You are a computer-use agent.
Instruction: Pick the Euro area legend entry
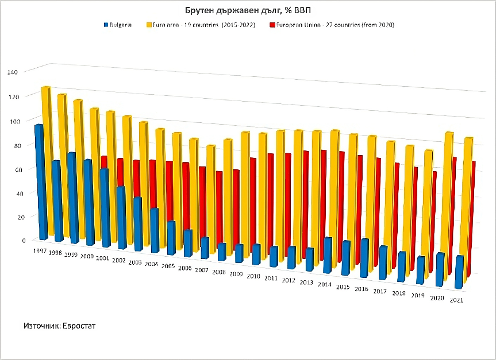pos(201,25)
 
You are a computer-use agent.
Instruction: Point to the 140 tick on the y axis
pos(13,72)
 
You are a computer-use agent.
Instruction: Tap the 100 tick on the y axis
pos(13,121)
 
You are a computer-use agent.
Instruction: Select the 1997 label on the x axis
pos(40,251)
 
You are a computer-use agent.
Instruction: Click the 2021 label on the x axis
pos(457,300)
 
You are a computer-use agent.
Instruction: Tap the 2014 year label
pos(325,284)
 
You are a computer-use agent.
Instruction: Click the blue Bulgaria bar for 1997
pos(40,181)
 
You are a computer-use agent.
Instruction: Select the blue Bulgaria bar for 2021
pos(459,272)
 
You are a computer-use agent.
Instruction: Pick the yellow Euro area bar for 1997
pos(47,161)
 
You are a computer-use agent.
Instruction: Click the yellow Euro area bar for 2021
pos(467,207)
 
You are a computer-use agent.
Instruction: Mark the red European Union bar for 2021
pos(472,218)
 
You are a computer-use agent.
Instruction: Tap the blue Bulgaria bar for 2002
pos(121,218)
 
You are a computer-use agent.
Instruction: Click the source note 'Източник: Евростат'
pos(59,326)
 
